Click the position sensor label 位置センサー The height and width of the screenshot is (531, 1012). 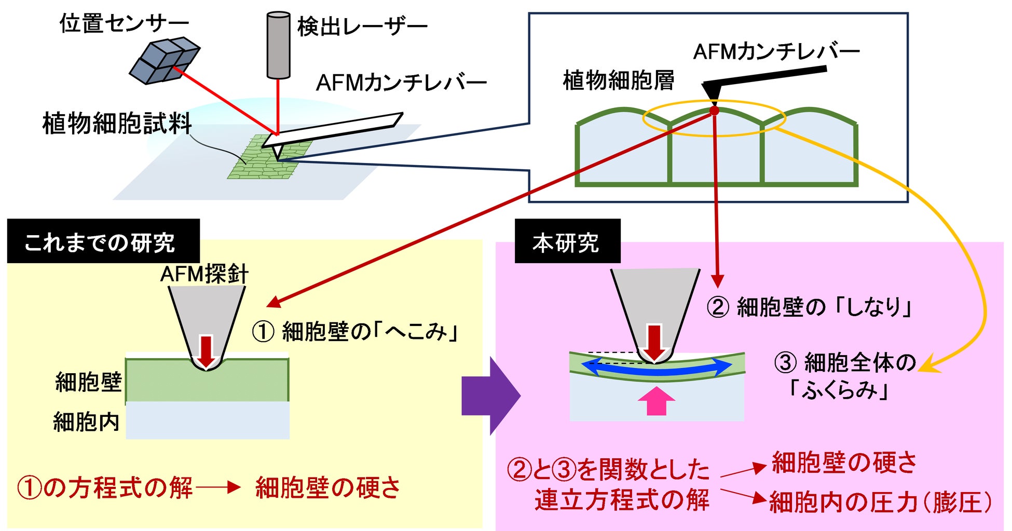click(x=124, y=24)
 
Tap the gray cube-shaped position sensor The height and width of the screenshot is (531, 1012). click(x=164, y=60)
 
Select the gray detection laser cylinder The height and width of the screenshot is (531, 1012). click(x=278, y=46)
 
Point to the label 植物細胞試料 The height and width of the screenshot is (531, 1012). click(x=117, y=124)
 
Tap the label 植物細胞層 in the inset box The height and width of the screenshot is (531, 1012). click(x=619, y=81)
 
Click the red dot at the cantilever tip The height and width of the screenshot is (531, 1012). click(x=715, y=110)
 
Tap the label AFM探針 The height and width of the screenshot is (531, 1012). click(x=204, y=274)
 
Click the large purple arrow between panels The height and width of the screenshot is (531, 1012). click(x=490, y=396)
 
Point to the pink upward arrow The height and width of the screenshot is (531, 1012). click(x=657, y=401)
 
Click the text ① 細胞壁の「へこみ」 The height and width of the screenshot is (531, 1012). click(x=355, y=332)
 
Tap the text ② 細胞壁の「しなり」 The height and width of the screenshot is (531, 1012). click(x=810, y=307)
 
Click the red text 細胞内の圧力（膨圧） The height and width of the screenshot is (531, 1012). click(x=880, y=502)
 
